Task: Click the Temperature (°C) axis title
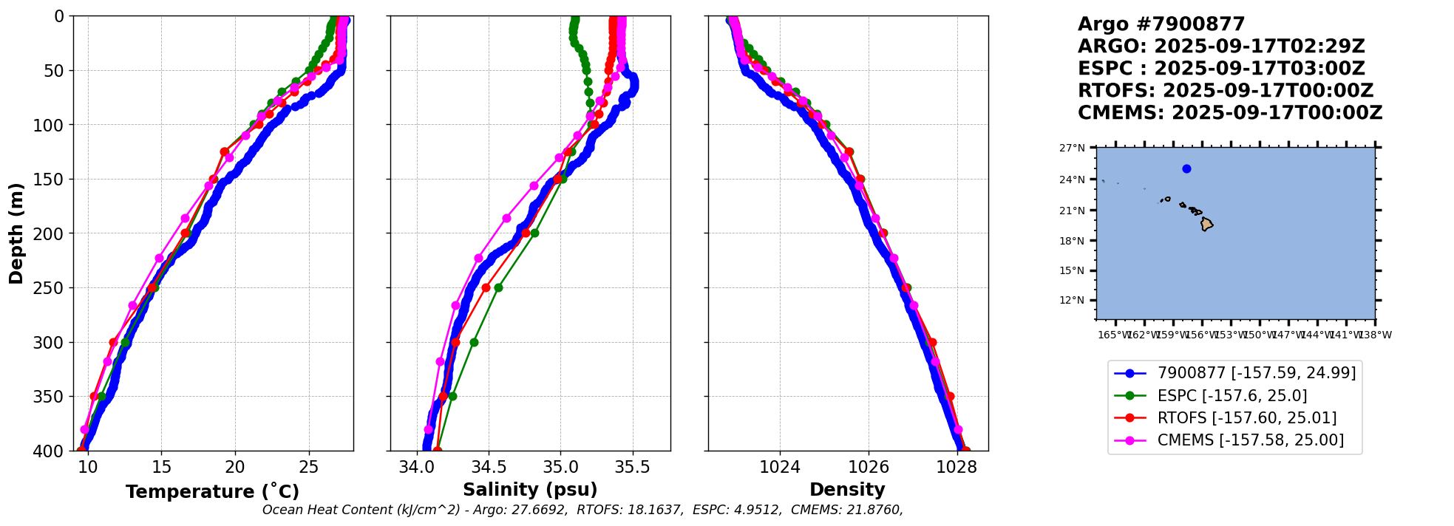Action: [212, 492]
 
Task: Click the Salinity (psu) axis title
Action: [530, 490]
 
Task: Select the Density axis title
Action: [847, 490]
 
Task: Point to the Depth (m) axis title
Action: [16, 233]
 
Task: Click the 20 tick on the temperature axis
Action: [235, 467]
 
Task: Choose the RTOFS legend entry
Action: [1247, 418]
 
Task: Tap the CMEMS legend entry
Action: [1251, 440]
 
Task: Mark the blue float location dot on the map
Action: [1186, 168]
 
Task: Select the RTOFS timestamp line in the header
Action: [1225, 91]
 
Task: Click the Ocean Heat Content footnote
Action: [582, 510]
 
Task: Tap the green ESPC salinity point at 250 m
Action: [498, 287]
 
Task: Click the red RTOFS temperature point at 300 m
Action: [113, 342]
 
